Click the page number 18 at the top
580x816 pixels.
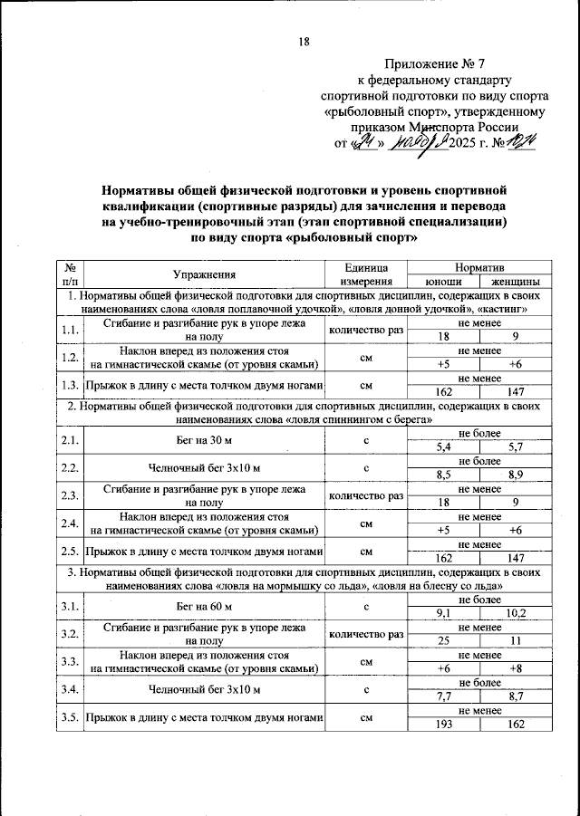point(304,42)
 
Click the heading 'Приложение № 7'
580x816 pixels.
point(435,64)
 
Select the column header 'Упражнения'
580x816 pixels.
point(204,274)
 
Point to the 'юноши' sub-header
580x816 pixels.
point(442,281)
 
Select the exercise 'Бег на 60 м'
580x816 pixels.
point(204,606)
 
